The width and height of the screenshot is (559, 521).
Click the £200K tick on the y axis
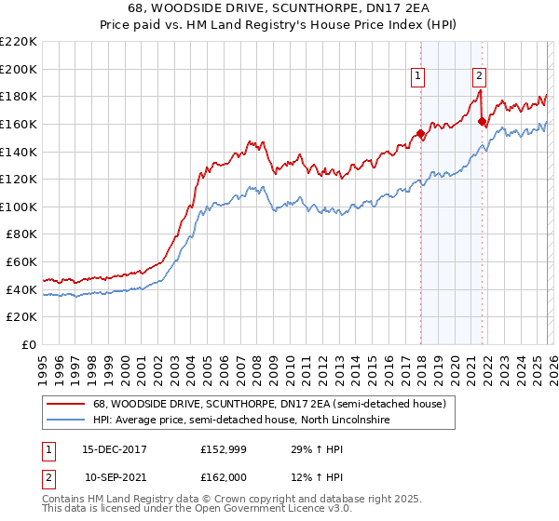(x=20, y=69)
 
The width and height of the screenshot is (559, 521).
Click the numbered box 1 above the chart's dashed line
(x=418, y=77)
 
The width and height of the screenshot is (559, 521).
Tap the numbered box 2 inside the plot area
(x=479, y=77)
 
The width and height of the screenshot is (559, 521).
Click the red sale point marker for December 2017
(x=420, y=134)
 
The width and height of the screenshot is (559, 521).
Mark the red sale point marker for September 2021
(x=482, y=121)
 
